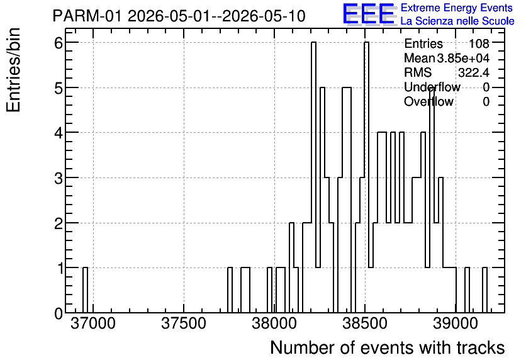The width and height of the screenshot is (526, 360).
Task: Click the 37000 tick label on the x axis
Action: point(93,323)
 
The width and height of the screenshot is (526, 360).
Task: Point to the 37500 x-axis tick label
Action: point(184,323)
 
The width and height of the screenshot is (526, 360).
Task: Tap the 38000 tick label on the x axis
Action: point(274,323)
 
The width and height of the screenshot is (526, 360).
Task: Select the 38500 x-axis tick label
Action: point(365,323)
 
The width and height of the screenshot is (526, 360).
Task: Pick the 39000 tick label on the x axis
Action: point(456,323)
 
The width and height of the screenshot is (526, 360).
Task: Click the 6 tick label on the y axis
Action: point(59,43)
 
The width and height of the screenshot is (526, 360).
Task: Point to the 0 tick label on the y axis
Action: point(59,313)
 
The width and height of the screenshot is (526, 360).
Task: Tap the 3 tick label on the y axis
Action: point(59,178)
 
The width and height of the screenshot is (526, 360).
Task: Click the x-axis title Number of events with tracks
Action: point(388,347)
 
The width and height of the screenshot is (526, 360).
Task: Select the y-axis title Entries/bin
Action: point(14,70)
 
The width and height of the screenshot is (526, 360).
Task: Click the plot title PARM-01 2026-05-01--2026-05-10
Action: point(179,16)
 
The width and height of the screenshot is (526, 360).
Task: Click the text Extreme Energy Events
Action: point(457,8)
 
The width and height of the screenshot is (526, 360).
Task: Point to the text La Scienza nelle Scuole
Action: point(457,21)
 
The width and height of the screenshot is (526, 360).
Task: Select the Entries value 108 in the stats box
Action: point(479,43)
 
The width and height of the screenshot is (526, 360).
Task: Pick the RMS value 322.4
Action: point(474,72)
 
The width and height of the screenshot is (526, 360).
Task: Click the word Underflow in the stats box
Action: point(432,87)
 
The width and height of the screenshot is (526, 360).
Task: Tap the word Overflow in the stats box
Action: point(428,101)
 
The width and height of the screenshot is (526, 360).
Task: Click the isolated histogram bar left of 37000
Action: point(85,290)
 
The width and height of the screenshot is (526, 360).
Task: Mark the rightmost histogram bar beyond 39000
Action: point(484,290)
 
